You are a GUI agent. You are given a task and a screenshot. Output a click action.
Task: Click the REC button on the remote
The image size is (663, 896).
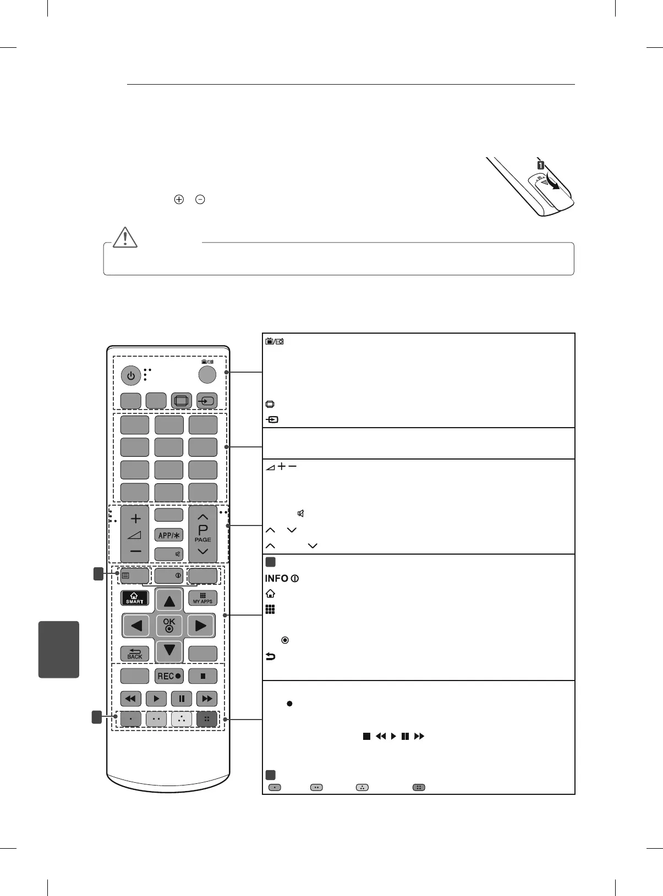pyautogui.click(x=169, y=676)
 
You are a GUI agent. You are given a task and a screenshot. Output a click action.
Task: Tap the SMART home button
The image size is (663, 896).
pyautogui.click(x=135, y=598)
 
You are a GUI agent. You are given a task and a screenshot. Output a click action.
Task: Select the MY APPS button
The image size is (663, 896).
pyautogui.click(x=202, y=598)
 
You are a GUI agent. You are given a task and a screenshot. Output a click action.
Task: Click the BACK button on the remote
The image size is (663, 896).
pyautogui.click(x=135, y=654)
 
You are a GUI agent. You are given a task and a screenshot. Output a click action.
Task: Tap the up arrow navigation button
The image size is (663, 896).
pyautogui.click(x=169, y=601)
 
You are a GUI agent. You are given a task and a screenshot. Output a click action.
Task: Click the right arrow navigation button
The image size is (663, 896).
pyautogui.click(x=201, y=626)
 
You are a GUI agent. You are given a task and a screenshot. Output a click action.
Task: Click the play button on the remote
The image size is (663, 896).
pyautogui.click(x=156, y=699)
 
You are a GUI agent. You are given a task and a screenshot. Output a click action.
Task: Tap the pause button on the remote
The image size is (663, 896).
pyautogui.click(x=182, y=699)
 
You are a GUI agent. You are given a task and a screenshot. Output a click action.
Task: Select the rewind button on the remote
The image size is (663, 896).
pyautogui.click(x=130, y=699)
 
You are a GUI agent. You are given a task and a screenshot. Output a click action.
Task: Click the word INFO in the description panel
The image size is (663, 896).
pyautogui.click(x=277, y=579)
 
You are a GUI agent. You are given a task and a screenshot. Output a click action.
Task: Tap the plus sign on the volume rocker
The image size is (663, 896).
pyautogui.click(x=136, y=518)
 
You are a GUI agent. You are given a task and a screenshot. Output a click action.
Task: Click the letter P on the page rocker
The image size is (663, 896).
pyautogui.click(x=203, y=530)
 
